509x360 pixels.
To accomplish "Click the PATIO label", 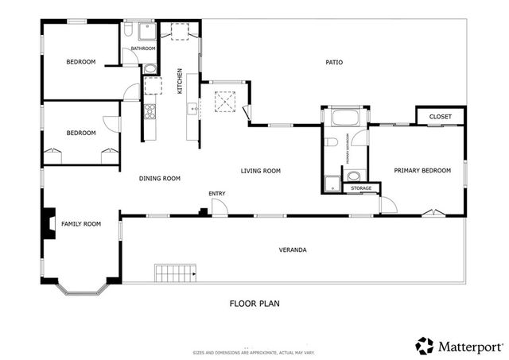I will [x=334, y=62].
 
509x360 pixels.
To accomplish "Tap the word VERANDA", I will [x=292, y=250].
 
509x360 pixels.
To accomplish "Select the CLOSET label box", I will [x=440, y=117].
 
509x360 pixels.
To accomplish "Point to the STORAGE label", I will [x=361, y=188].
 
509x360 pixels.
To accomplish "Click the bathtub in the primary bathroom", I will [x=344, y=118].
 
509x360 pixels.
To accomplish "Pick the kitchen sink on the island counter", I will [x=192, y=109].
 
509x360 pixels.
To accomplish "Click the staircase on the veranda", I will [x=175, y=274].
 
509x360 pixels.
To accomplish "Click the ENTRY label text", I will [x=217, y=194].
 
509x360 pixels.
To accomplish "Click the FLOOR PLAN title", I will [x=254, y=303].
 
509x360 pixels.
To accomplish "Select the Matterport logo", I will [x=457, y=345].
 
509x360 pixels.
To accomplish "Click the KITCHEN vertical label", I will [x=181, y=80].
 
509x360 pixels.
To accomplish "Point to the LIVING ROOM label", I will [x=261, y=171].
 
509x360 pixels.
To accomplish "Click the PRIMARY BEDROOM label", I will [x=423, y=170].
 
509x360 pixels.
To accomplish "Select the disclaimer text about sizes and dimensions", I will [x=254, y=351].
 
